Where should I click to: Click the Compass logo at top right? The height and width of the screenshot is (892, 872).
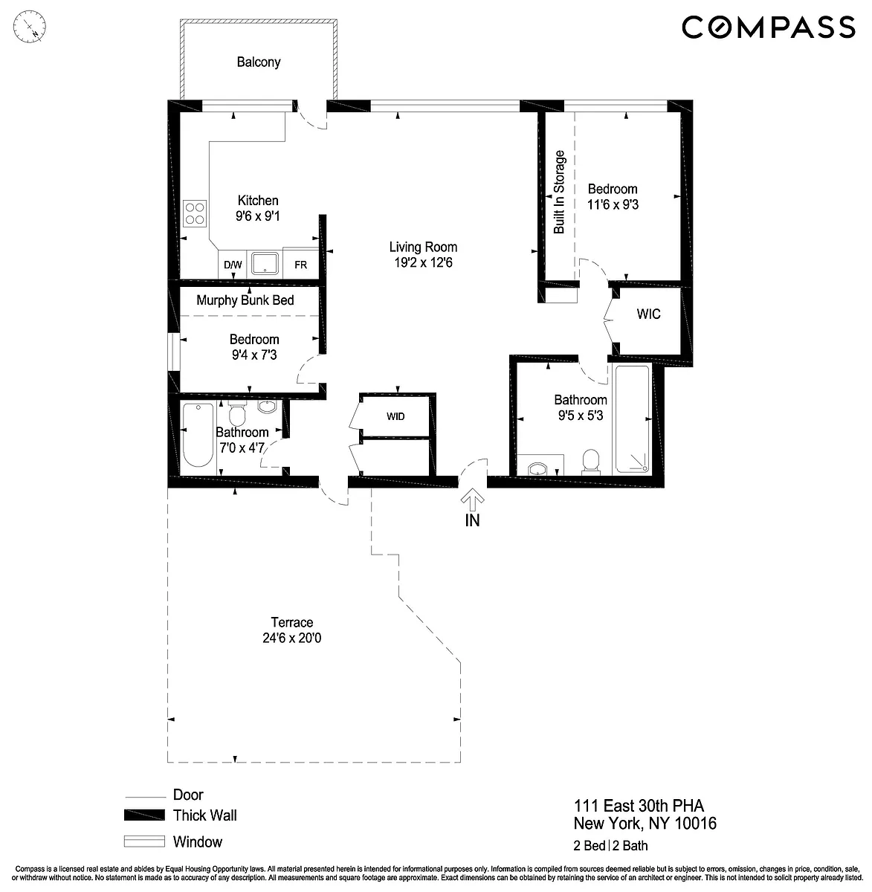769,27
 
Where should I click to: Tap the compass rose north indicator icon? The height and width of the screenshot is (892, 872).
30,27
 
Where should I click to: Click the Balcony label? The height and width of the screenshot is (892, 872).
259,62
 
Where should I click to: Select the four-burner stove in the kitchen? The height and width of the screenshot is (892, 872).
195,213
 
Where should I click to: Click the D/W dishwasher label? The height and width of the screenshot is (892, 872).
233,265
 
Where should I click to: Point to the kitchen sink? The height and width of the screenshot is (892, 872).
265,264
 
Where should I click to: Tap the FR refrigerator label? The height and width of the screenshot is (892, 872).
301,265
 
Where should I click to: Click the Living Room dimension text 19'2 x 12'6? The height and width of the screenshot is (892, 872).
423,262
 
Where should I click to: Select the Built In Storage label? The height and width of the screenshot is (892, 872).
559,192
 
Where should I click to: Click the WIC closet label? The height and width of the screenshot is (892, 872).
649,314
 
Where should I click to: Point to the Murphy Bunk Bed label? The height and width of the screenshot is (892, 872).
245,300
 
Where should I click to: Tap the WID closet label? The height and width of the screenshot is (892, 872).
395,416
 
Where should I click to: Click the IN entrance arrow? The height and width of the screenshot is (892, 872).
473,500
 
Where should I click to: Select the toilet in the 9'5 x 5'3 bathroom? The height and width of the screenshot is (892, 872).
591,462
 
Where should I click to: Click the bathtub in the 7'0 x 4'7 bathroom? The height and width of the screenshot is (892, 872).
198,433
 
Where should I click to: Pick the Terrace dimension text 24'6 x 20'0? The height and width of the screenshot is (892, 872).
292,638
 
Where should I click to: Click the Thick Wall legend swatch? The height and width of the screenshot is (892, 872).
144,815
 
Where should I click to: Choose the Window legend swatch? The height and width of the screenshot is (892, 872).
144,841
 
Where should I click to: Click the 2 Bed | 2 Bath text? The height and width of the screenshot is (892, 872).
610,845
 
